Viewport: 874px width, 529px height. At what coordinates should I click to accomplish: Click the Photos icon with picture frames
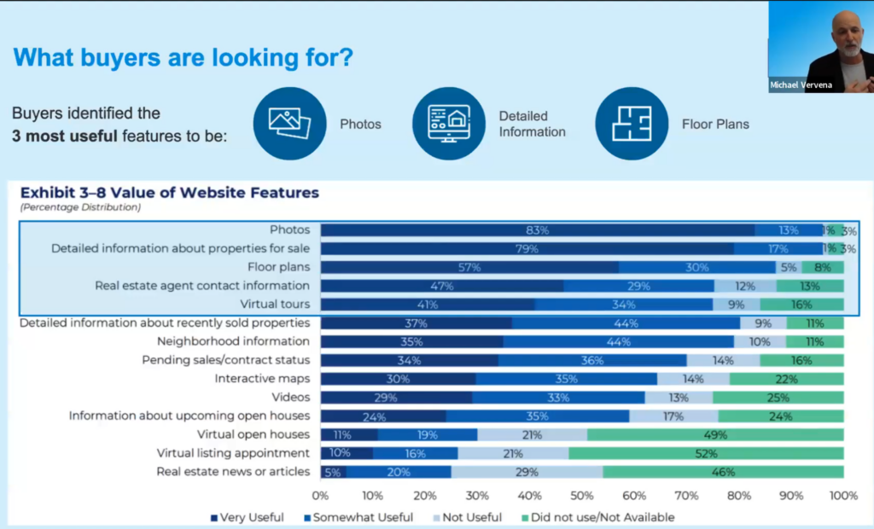click(x=290, y=124)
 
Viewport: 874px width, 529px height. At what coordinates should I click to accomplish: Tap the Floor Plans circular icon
click(x=632, y=124)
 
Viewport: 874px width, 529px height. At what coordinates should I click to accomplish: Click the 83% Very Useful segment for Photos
click(x=537, y=230)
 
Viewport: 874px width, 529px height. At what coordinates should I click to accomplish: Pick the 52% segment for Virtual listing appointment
click(x=706, y=453)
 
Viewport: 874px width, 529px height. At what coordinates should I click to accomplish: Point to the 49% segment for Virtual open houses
click(x=715, y=434)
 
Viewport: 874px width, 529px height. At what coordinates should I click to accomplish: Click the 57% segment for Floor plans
click(x=469, y=267)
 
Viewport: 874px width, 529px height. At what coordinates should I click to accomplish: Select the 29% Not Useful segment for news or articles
click(x=527, y=472)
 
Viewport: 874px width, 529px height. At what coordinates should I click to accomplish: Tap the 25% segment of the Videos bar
click(x=778, y=398)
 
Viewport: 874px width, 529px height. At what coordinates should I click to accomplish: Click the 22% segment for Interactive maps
click(x=786, y=379)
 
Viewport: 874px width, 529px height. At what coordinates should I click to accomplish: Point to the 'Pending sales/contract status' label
click(x=225, y=360)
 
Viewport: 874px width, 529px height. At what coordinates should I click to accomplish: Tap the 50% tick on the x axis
click(x=582, y=495)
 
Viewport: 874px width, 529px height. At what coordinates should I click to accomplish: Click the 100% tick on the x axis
click(x=843, y=495)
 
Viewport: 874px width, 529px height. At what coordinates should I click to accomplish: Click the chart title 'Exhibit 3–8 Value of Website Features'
click(x=169, y=193)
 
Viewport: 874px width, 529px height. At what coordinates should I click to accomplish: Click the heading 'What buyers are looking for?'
click(x=184, y=58)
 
